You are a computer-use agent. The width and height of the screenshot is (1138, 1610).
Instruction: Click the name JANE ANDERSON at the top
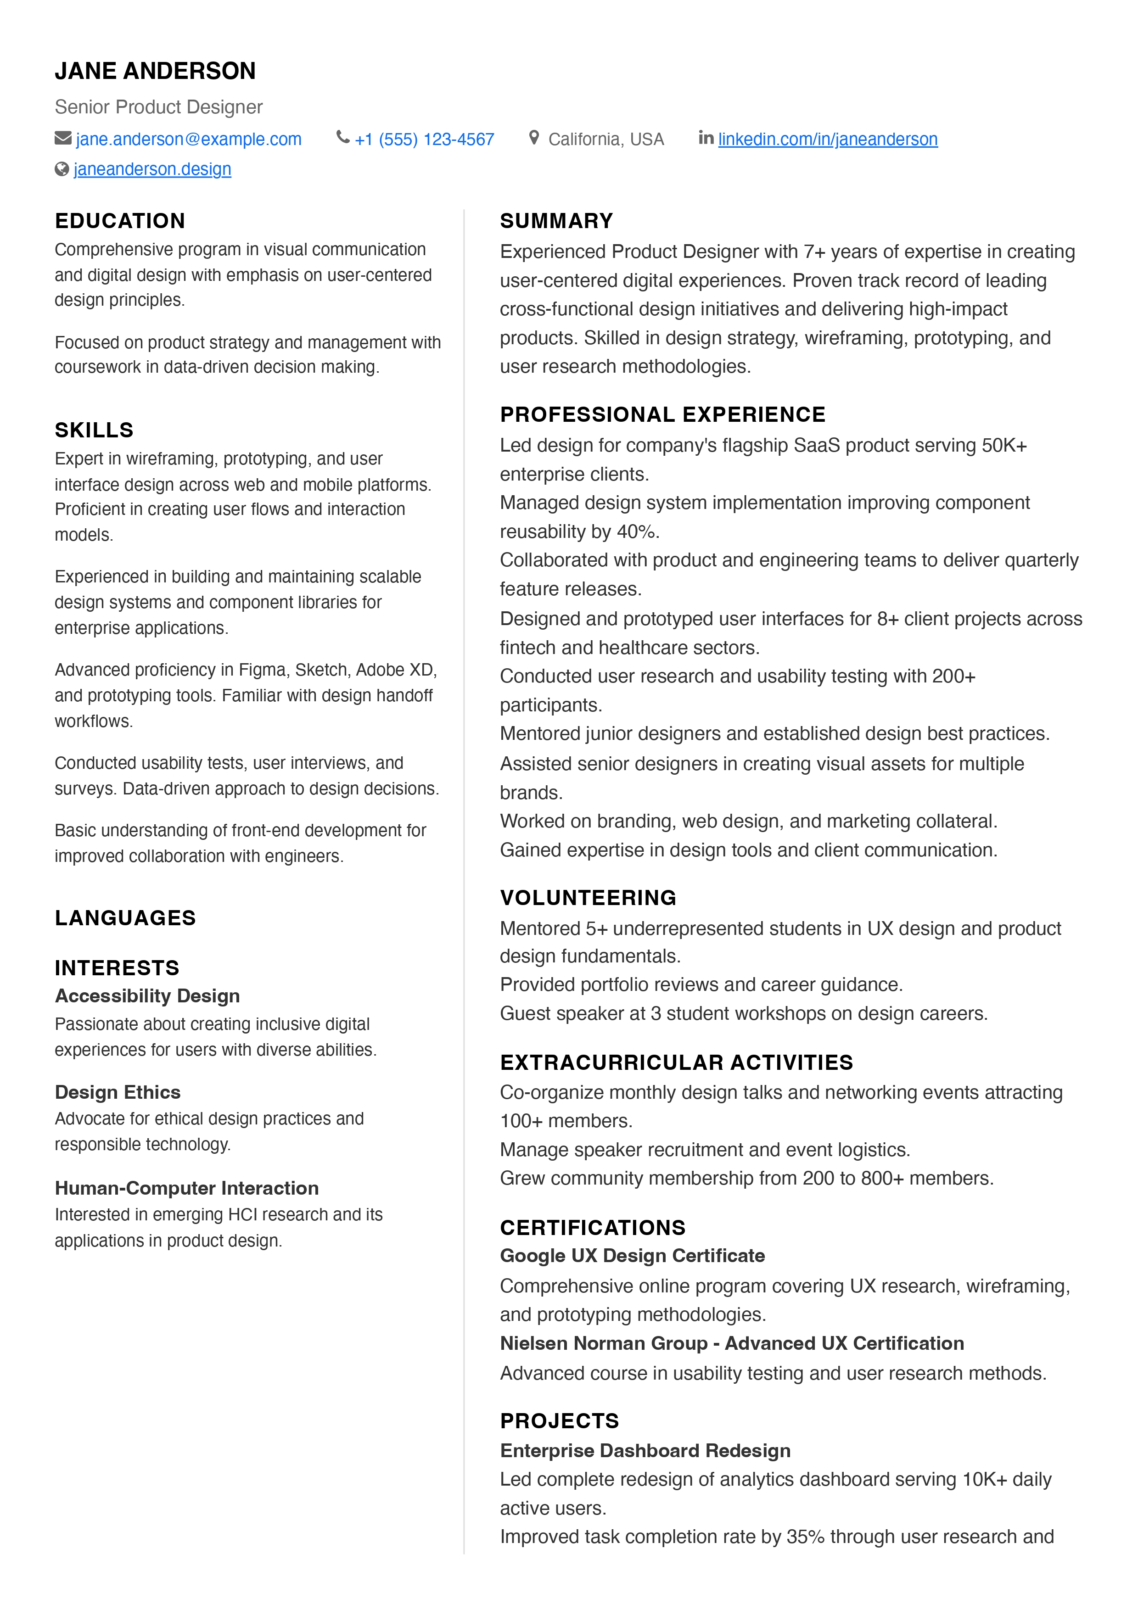155,71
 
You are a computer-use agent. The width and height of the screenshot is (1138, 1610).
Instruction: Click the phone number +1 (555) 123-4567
424,140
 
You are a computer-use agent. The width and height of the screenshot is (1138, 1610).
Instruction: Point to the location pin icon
533,138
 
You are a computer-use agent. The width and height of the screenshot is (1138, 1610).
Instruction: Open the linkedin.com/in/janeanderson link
827,140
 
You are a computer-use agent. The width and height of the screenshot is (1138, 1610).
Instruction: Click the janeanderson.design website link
152,169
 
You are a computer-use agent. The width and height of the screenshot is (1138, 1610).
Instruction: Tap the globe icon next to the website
62,169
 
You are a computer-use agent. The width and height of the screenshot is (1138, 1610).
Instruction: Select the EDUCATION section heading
120,221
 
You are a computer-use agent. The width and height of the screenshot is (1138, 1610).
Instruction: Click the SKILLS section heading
94,430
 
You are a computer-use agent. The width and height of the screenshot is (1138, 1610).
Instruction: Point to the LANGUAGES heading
125,918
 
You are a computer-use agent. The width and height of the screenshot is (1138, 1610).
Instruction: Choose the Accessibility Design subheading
147,996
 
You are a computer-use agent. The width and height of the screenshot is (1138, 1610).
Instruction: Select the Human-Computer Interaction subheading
186,1188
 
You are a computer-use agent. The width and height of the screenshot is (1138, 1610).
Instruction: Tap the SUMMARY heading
556,221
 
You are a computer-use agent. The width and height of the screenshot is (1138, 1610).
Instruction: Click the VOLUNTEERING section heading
588,898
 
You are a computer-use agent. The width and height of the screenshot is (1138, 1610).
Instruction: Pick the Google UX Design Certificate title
632,1255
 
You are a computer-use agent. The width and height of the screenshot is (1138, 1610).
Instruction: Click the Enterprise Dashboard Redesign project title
645,1450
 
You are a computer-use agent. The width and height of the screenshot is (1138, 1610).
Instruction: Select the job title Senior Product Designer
158,107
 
